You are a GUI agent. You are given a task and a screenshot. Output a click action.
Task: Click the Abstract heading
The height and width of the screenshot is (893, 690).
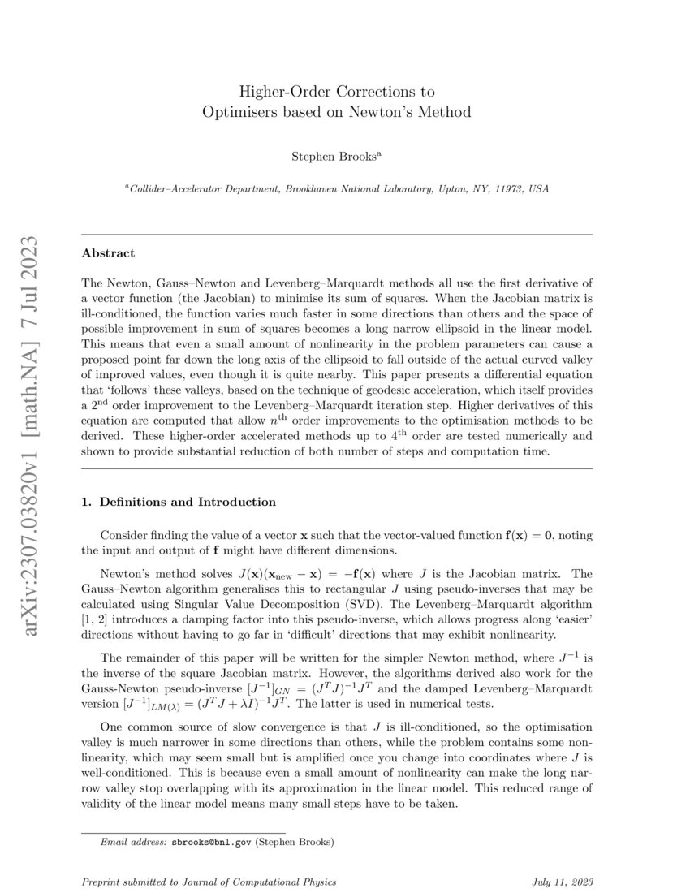click(x=109, y=253)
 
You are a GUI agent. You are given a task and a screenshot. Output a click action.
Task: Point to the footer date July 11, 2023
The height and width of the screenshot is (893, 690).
click(x=563, y=882)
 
